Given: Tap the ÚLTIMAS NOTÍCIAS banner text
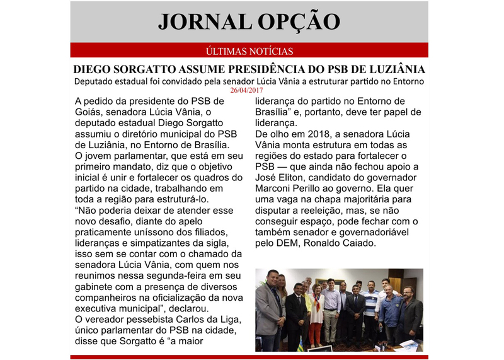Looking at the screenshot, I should tap(249, 51).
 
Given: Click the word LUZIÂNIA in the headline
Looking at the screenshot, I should tap(391, 69).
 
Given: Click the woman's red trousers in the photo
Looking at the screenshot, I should tap(314, 331).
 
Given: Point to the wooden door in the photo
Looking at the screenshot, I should tap(395, 284).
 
